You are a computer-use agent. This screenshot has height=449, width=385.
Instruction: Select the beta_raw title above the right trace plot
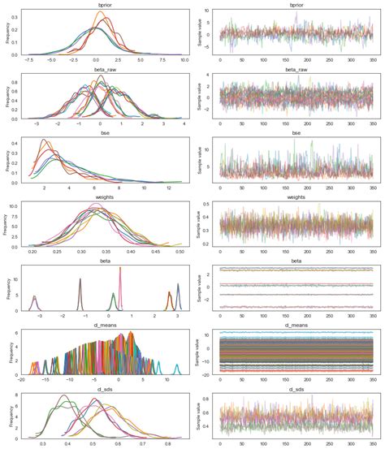coord(296,69)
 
